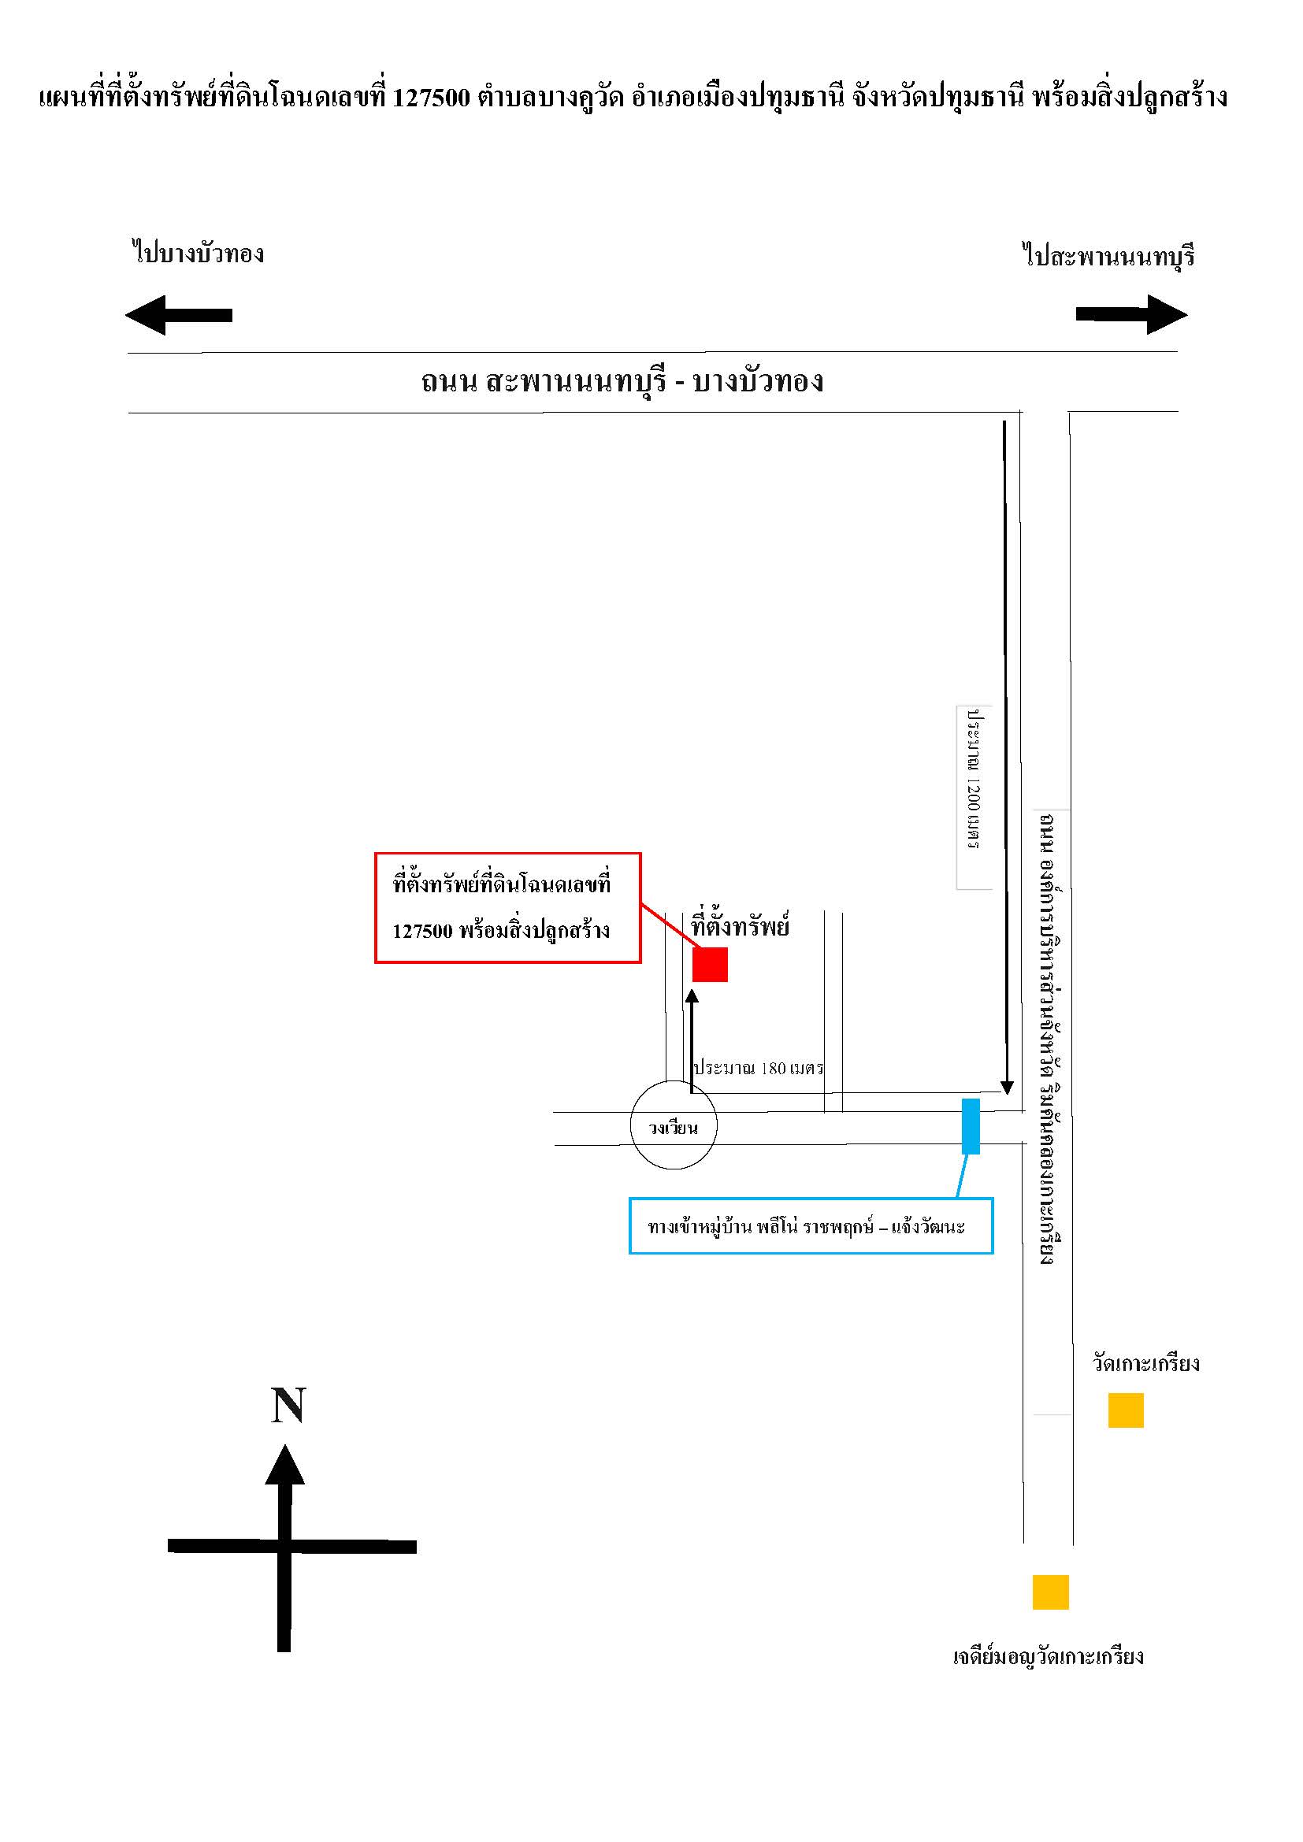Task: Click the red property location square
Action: (710, 965)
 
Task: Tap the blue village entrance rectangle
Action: (971, 1126)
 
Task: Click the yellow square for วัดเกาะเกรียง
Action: (1126, 1410)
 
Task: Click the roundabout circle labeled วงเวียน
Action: (632, 1126)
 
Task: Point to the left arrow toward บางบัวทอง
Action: (179, 314)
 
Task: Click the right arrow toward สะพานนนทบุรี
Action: (1131, 313)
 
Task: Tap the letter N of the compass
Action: (288, 1406)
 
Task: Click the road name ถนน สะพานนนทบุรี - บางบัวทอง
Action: (622, 381)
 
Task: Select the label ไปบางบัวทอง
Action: (199, 254)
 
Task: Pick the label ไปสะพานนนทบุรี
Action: (1109, 256)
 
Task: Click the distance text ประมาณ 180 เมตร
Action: (759, 1068)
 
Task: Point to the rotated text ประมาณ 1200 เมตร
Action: (974, 778)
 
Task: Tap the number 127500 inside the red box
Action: (423, 932)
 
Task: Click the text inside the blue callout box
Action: (807, 1227)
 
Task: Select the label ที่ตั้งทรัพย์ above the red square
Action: (741, 925)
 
